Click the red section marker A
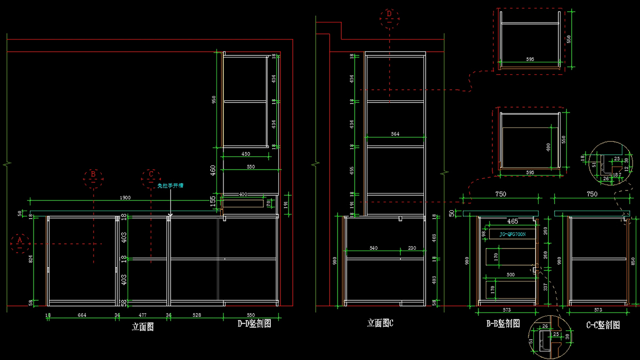pyautogui.click(x=20, y=242)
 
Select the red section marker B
pyautogui.click(x=93, y=174)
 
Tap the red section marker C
pyautogui.click(x=151, y=174)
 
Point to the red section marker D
pyautogui.click(x=389, y=14)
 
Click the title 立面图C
pyautogui.click(x=380, y=323)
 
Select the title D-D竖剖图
pyautogui.click(x=254, y=323)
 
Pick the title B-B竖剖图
pyautogui.click(x=502, y=324)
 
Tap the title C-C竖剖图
pyautogui.click(x=603, y=324)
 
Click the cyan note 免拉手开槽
pyautogui.click(x=171, y=186)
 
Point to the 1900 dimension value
pyautogui.click(x=125, y=198)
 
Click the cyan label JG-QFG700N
pyautogui.click(x=512, y=234)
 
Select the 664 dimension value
pyautogui.click(x=82, y=315)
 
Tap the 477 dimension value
pyautogui.click(x=142, y=315)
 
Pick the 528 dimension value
pyautogui.click(x=196, y=315)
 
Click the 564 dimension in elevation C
pyautogui.click(x=395, y=134)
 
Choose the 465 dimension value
pyautogui.click(x=512, y=221)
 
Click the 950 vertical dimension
pyautogui.click(x=214, y=100)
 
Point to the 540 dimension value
pyautogui.click(x=373, y=247)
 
